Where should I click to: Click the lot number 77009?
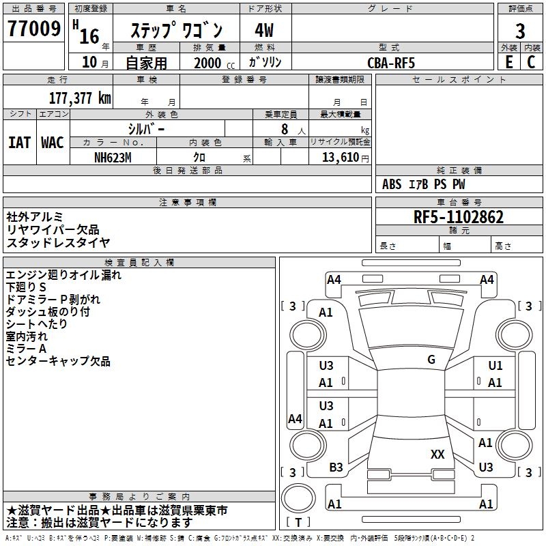tap(33, 29)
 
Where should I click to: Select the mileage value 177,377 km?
tap(80, 98)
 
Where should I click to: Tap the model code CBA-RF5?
tap(391, 62)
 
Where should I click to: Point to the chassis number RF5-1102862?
tap(459, 217)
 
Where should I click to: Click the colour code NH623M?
tap(113, 157)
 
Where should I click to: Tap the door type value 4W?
tap(264, 31)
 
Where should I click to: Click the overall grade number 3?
tap(520, 31)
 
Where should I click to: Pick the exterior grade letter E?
tap(508, 62)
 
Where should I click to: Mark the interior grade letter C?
tap(532, 62)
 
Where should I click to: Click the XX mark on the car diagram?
tap(437, 454)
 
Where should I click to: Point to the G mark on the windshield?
tap(431, 360)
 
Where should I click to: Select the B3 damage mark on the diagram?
tap(336, 468)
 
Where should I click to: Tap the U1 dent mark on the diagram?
tap(495, 366)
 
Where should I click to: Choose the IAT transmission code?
tap(19, 143)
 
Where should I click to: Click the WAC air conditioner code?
tap(53, 143)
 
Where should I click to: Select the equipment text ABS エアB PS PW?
tap(424, 184)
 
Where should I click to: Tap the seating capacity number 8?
tap(284, 128)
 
